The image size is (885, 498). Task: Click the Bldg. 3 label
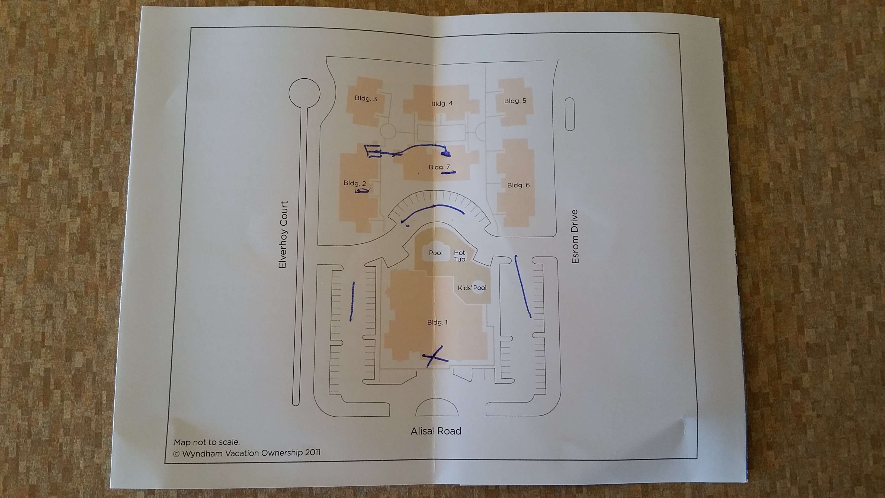click(x=365, y=99)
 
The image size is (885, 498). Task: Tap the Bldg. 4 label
click(x=442, y=103)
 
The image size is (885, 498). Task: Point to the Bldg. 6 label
click(x=518, y=185)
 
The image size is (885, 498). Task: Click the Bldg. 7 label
click(x=439, y=167)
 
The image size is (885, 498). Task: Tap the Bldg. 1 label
click(x=437, y=323)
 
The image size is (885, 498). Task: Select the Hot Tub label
click(x=459, y=256)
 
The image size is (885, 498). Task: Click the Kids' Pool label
click(x=472, y=288)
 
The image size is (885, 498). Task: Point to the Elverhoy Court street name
click(x=283, y=235)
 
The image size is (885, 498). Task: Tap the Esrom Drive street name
click(x=575, y=237)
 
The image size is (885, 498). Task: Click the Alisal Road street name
click(x=436, y=431)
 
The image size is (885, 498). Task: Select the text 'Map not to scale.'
click(x=207, y=442)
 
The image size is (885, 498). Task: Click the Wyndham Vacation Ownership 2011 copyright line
click(x=247, y=453)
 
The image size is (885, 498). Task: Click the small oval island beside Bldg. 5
click(x=570, y=114)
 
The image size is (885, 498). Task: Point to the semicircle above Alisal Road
click(x=437, y=408)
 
